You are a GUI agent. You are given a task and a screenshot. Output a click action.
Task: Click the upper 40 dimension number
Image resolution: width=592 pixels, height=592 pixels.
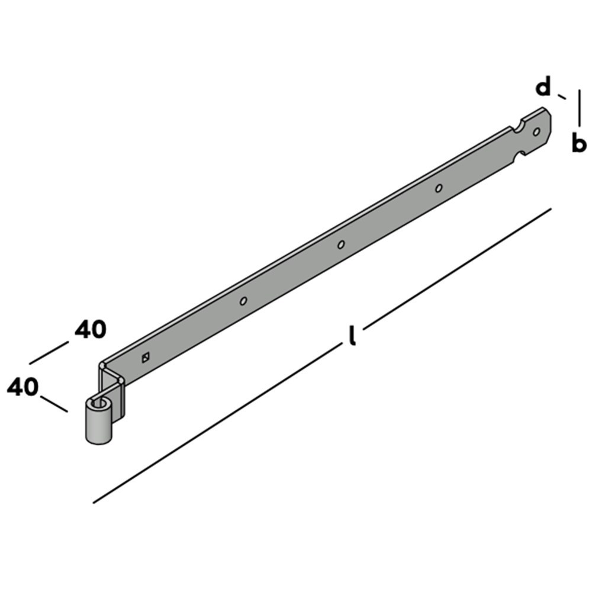click(x=91, y=329)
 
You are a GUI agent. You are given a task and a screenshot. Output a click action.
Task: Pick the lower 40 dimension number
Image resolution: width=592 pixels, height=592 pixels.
click(x=22, y=387)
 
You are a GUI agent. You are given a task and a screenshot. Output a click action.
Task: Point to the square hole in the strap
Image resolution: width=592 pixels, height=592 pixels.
click(x=146, y=357)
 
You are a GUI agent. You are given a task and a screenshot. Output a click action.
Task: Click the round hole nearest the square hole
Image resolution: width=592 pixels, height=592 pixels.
click(x=243, y=301)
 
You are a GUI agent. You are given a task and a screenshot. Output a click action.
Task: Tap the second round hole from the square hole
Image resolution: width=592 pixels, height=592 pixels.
click(x=341, y=244)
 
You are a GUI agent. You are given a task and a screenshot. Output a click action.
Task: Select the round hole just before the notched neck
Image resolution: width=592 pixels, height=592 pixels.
click(x=439, y=188)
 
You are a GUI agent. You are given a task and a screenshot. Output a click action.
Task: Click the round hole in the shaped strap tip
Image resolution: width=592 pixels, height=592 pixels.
click(x=536, y=132)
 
